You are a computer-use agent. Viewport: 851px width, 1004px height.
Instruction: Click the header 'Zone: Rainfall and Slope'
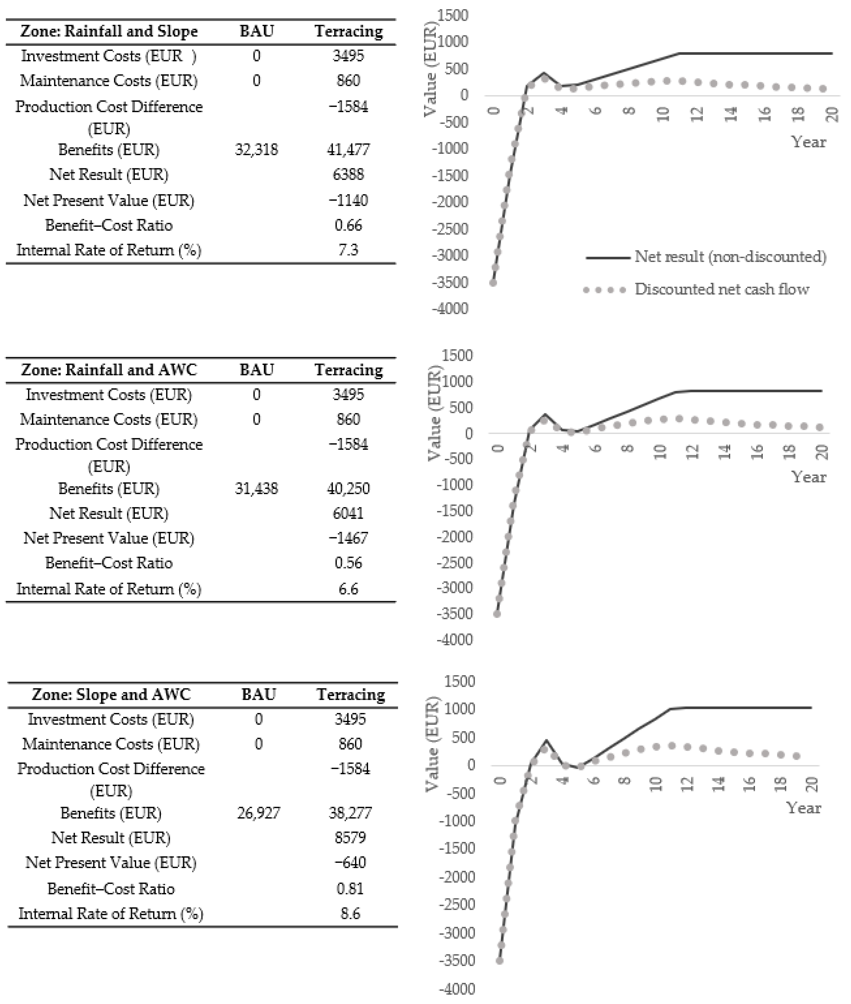click(109, 31)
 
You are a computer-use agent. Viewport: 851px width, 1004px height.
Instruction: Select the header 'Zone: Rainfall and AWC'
click(109, 370)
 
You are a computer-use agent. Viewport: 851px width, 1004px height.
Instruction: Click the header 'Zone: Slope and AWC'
click(111, 695)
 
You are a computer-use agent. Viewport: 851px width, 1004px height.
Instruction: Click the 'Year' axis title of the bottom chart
click(804, 808)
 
